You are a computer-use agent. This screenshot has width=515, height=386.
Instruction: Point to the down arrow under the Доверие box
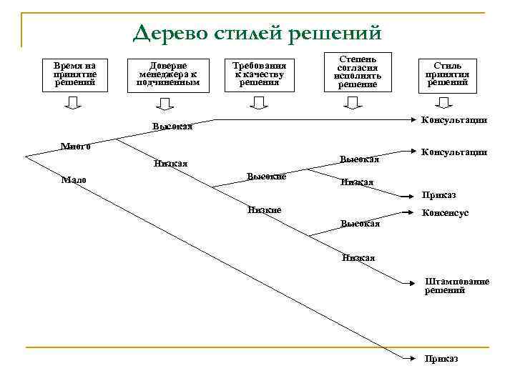click(x=165, y=105)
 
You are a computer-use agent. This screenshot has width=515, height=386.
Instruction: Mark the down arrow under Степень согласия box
click(x=353, y=105)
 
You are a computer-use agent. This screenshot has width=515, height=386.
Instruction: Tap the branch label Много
click(x=75, y=147)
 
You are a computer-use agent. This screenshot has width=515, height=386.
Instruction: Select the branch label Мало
click(x=74, y=179)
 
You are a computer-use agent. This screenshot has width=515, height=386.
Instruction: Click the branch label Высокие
click(x=266, y=176)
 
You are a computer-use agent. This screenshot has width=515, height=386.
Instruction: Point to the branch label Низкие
click(x=264, y=209)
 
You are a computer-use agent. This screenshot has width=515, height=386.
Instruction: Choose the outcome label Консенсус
click(x=445, y=213)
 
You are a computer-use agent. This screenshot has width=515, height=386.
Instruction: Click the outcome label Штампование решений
click(x=456, y=286)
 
